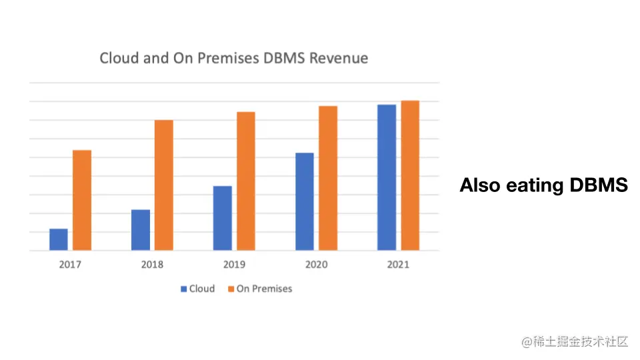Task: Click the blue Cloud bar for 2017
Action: [x=59, y=240]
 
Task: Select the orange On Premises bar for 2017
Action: [x=82, y=201]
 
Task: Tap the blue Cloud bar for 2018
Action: [x=141, y=230]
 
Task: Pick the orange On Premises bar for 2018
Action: [x=164, y=185]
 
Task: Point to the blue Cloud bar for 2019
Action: [x=223, y=218]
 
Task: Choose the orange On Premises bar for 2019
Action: [x=246, y=181]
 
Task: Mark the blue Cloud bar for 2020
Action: [x=305, y=202]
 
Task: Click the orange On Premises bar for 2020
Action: [x=328, y=178]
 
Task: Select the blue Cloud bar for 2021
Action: [x=387, y=177]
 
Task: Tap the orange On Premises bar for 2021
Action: [x=410, y=175]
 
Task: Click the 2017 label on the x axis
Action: [x=70, y=265]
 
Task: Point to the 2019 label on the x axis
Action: [x=234, y=265]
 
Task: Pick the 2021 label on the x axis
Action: [x=398, y=265]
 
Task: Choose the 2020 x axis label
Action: [x=316, y=265]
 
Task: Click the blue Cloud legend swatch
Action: [x=183, y=289]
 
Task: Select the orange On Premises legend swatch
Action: [x=231, y=289]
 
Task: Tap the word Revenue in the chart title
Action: [x=339, y=58]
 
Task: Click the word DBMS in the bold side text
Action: [x=599, y=185]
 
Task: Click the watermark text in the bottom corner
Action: [x=575, y=342]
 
